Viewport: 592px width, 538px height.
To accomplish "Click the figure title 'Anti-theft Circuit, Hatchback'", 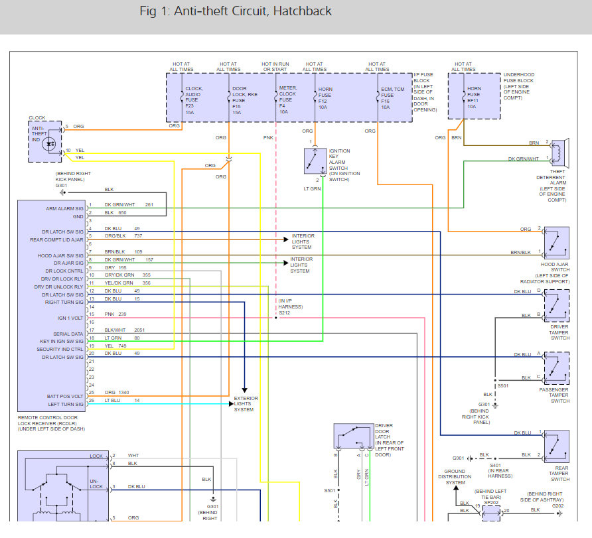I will (x=236, y=11).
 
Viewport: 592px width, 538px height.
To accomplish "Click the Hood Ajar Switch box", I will (x=555, y=243).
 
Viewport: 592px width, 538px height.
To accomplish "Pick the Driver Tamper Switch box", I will (x=555, y=305).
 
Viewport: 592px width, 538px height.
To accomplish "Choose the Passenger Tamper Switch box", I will (x=555, y=368).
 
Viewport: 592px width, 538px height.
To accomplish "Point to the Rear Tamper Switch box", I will (x=555, y=446).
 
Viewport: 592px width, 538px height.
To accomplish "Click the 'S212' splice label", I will (x=285, y=312).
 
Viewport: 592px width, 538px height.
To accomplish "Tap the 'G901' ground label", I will (x=459, y=458).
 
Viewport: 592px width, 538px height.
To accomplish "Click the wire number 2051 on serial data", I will (x=139, y=330).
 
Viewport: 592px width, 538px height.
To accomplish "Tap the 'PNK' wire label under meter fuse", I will (x=267, y=138).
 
